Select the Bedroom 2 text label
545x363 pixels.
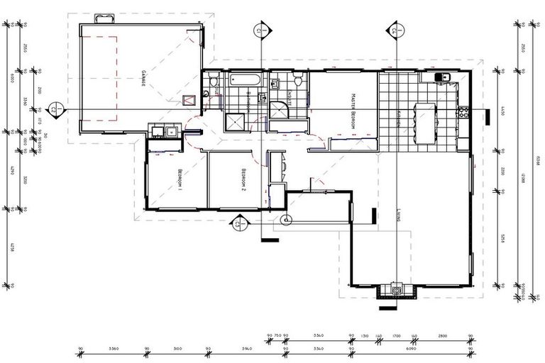[x=243, y=180]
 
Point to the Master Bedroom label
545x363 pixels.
[x=351, y=111]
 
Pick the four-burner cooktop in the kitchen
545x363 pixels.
[x=465, y=111]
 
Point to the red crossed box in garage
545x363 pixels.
[x=188, y=101]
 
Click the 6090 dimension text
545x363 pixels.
[x=410, y=350]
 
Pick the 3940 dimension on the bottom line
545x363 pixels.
[x=247, y=350]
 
